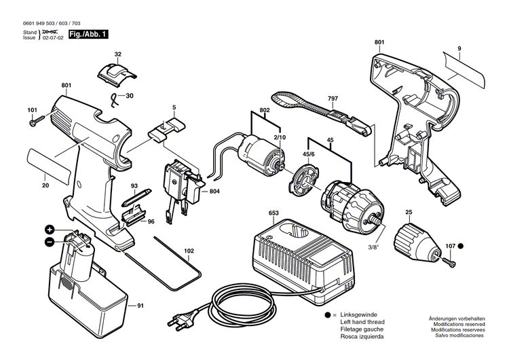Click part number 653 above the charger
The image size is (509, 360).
[x=274, y=213]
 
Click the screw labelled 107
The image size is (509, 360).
[x=449, y=259]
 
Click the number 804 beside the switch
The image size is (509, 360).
[x=214, y=192]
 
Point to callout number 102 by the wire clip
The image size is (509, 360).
[x=188, y=251]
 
